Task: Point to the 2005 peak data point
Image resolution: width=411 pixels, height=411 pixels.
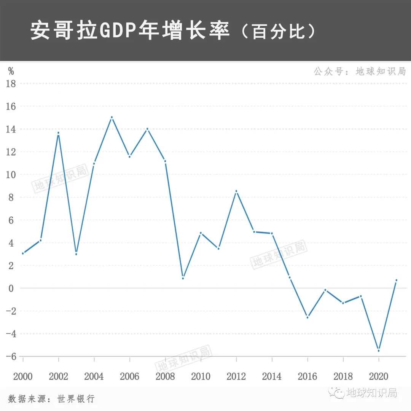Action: coord(112,117)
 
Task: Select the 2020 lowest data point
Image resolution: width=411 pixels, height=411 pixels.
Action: coord(379,350)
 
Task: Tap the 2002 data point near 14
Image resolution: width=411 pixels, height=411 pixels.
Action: coord(58,133)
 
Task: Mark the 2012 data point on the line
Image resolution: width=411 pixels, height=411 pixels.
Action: coord(236,191)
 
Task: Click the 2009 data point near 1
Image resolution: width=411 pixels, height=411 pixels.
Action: coord(183,278)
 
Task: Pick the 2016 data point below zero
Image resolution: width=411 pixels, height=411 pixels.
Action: coord(307,317)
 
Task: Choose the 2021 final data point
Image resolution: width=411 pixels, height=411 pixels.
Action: coord(396,280)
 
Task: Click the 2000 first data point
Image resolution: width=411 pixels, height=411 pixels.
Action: coord(23,253)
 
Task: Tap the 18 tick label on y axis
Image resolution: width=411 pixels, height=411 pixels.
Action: coord(11,84)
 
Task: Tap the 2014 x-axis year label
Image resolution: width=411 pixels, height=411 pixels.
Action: coord(272,377)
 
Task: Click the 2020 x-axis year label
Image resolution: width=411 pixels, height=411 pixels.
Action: coord(378,377)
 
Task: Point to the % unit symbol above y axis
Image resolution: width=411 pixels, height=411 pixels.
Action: coord(11,71)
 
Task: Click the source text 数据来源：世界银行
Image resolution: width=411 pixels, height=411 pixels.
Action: coord(51,399)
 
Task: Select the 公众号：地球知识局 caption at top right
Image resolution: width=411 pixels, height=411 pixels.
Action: coord(360,71)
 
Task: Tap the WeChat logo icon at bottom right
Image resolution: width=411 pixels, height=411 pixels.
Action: coord(336,392)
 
